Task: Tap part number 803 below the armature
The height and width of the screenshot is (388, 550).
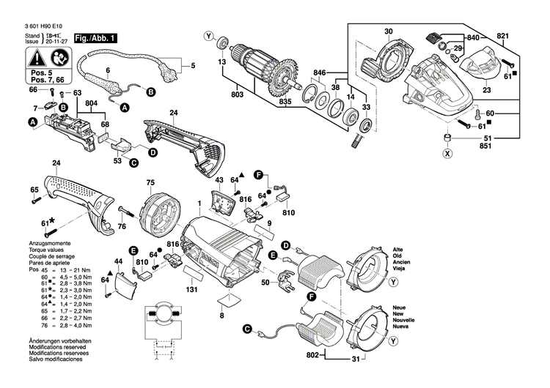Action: (237, 94)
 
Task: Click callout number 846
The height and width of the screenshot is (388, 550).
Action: (319, 74)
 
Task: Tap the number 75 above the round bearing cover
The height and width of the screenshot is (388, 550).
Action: (150, 182)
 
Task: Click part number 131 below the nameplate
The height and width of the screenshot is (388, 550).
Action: (191, 291)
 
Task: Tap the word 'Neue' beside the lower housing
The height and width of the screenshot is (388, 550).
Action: (399, 307)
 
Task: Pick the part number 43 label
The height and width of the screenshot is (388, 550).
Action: (219, 180)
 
